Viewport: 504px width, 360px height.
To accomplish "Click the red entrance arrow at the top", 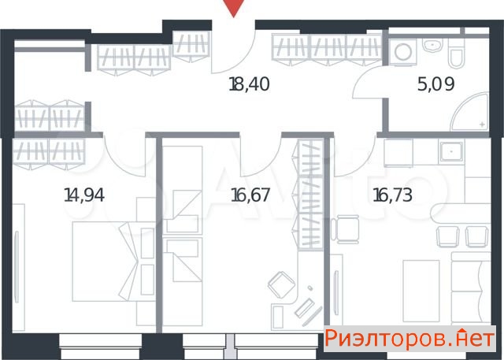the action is [234, 8].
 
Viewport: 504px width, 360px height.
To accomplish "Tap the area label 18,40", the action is [249, 84].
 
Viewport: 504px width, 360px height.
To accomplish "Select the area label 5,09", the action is [435, 84].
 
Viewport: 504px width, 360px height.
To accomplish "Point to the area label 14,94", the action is [84, 195].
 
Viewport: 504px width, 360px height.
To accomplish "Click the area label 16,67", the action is [250, 195].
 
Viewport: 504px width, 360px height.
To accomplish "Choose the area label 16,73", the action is [392, 195].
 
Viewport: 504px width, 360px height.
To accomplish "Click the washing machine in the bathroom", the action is [403, 52].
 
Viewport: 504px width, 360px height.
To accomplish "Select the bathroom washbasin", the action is [432, 46].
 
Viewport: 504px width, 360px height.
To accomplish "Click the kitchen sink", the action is [452, 151].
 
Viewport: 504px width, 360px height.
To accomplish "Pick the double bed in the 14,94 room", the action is [106, 261].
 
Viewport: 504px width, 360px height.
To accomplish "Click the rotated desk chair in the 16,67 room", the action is [281, 284].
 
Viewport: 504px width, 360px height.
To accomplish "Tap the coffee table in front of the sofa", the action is [421, 291].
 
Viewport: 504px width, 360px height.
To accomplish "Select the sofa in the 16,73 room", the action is [470, 288].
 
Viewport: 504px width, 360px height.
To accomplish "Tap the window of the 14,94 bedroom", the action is [100, 346].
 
